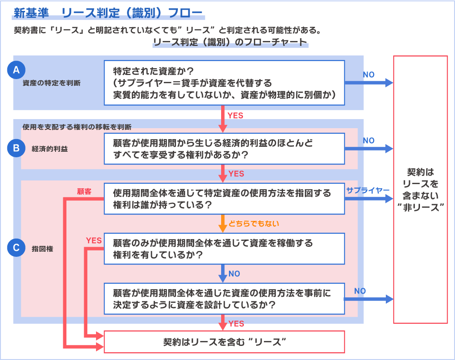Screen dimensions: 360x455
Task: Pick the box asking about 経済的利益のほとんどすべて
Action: [x=224, y=149]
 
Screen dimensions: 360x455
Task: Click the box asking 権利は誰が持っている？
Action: [x=224, y=199]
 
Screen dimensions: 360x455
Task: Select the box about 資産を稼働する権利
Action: [x=224, y=249]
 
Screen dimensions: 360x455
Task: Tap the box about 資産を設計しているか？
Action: [x=224, y=299]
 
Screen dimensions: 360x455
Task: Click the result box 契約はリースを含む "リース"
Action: [x=224, y=342]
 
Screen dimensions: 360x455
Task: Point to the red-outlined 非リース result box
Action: [x=420, y=190]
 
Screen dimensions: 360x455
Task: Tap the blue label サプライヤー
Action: [x=367, y=190]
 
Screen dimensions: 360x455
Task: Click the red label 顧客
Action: [x=84, y=192]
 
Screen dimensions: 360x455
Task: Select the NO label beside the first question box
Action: [x=369, y=75]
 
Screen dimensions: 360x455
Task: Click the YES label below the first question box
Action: [x=236, y=115]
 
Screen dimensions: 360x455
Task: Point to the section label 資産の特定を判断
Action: [x=51, y=83]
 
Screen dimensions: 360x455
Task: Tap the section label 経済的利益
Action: [x=50, y=149]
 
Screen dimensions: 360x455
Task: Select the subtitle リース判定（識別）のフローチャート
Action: [x=230, y=43]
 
